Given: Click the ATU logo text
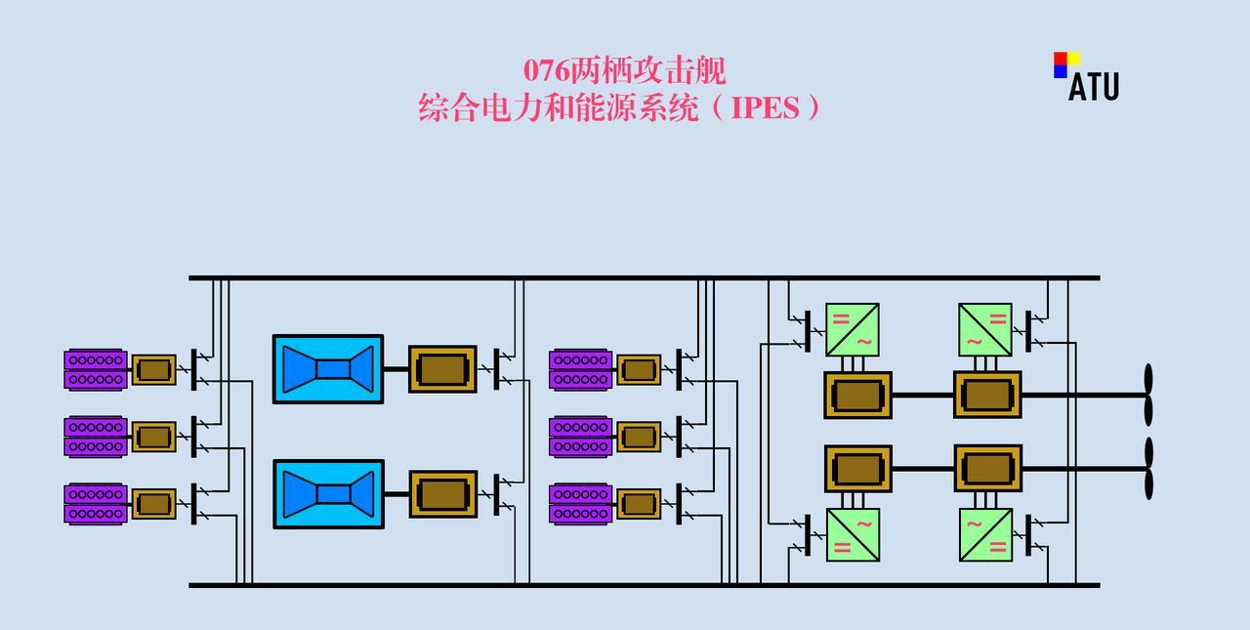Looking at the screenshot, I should (x=1093, y=87).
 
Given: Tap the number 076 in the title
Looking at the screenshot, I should (x=546, y=71).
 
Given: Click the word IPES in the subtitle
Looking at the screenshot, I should (x=766, y=107).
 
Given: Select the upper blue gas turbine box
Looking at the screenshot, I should (x=328, y=368).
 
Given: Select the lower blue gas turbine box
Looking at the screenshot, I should (x=328, y=493).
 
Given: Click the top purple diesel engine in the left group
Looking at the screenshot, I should (x=96, y=369).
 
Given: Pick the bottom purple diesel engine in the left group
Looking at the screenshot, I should (x=96, y=504).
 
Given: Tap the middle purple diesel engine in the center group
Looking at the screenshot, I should (x=581, y=437).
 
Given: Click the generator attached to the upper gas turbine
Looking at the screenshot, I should (x=442, y=369).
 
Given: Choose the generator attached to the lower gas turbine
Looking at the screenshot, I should (x=442, y=493).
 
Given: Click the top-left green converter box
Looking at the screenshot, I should (x=852, y=329).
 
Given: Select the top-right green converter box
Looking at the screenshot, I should (x=984, y=329).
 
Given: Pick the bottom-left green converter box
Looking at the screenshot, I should (x=852, y=534).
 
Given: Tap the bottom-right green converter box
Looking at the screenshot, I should (x=984, y=534).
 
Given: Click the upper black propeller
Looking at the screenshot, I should (x=1148, y=395).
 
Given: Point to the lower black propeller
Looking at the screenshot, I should (x=1148, y=468).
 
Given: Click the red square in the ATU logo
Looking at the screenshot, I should (x=1060, y=58).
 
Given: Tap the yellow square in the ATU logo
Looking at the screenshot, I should (x=1073, y=58).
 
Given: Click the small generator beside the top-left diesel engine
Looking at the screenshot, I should (x=153, y=369).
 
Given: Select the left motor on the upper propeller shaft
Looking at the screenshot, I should (x=857, y=395).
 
